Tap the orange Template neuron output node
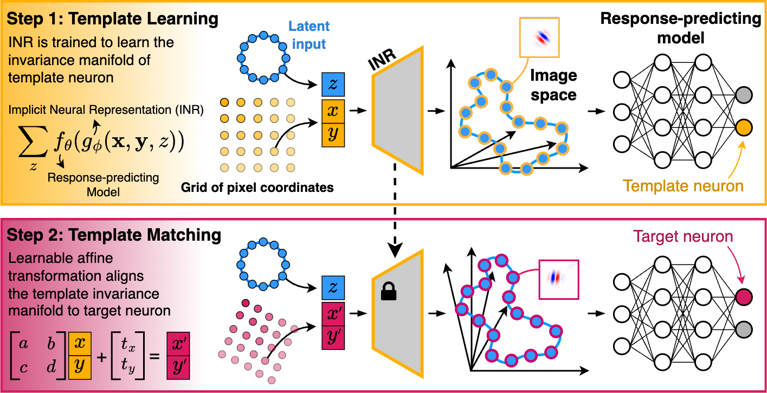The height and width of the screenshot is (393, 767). click(x=744, y=128)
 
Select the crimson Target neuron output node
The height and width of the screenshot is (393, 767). click(x=744, y=297)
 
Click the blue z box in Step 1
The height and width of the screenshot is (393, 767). click(x=333, y=86)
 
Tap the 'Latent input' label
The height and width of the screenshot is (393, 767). click(x=308, y=34)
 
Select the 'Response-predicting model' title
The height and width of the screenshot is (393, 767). click(x=680, y=27)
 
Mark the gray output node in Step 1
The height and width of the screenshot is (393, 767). click(x=744, y=96)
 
